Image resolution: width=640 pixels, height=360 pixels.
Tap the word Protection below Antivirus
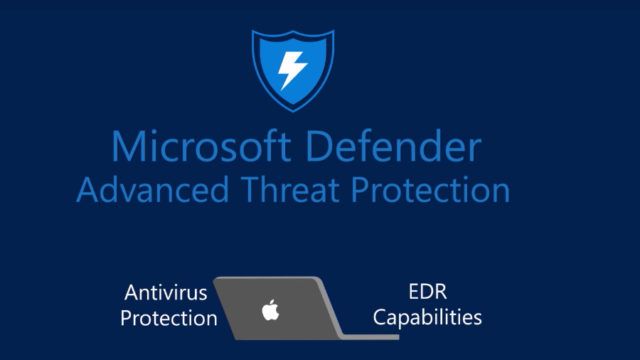click(x=169, y=319)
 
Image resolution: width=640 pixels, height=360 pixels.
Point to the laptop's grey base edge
click(x=300, y=336)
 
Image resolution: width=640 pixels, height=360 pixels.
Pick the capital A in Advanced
click(x=88, y=190)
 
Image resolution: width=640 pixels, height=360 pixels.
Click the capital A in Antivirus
click(x=131, y=294)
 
